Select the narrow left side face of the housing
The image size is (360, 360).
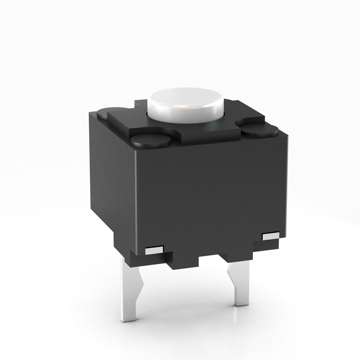[x=112, y=180]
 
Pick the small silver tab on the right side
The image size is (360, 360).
[x=271, y=236]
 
